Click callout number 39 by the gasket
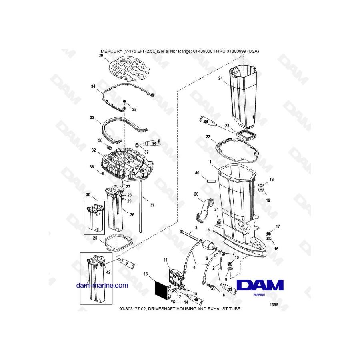pos(101,56)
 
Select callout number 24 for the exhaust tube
pos(220,78)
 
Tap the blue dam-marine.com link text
pos(102,285)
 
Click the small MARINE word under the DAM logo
pos(260,294)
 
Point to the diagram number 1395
pos(274,305)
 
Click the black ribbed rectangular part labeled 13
pos(162,290)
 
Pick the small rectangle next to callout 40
pos(211,181)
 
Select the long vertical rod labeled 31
pos(140,206)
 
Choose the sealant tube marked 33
pos(228,288)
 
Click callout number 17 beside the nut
pos(278,227)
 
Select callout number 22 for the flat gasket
pos(208,137)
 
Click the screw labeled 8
pos(211,286)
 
